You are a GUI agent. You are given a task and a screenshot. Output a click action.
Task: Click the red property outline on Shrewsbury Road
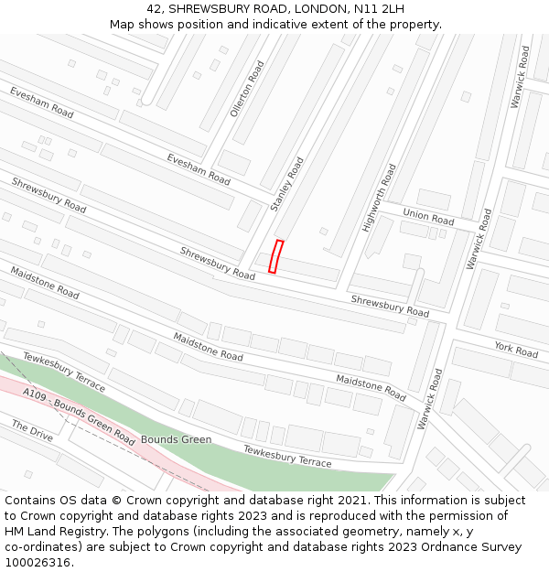(275, 256)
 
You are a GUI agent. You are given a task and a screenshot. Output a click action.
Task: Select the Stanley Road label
(286, 184)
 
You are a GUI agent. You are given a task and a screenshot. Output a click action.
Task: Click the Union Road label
(428, 217)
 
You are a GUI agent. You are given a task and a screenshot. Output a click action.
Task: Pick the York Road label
(516, 349)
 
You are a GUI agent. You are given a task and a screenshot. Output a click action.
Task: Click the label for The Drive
(32, 430)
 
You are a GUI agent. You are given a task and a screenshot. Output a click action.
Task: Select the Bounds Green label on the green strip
(176, 439)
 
